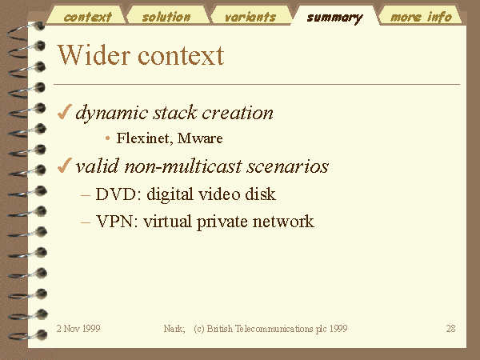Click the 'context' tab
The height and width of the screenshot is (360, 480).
coord(87,17)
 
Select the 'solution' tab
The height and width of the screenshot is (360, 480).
coord(166,17)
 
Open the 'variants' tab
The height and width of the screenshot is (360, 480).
coord(250,17)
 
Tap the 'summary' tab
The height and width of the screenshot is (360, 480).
coord(334,18)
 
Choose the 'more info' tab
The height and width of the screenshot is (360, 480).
coord(421,17)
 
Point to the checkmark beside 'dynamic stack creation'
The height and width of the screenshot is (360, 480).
coord(65,112)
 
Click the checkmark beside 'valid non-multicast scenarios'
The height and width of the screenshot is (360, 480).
coord(65,166)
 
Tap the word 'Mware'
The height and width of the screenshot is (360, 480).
coord(200,138)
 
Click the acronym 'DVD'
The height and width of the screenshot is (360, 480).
coord(118,194)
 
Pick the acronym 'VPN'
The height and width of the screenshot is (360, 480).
coord(117,221)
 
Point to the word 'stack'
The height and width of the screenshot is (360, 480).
coord(174,113)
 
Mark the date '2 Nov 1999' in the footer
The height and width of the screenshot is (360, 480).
coord(78,329)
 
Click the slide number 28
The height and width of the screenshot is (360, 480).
coord(450,329)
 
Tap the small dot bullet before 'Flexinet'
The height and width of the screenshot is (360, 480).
coord(107,138)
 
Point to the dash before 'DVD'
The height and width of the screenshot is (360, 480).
coord(86,195)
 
